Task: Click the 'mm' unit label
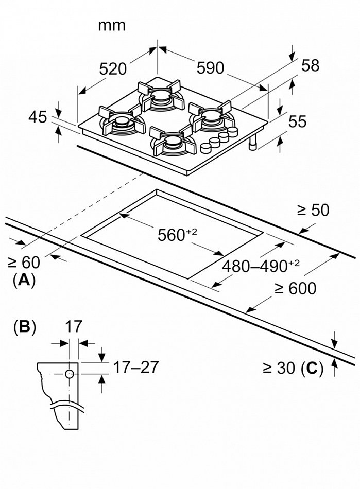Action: tap(112, 25)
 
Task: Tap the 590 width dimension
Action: tap(210, 68)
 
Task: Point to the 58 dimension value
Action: tap(310, 65)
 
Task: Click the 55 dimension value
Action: tap(297, 121)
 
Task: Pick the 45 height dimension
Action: tap(37, 117)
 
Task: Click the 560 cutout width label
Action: tap(172, 235)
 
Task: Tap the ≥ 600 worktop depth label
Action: tap(295, 288)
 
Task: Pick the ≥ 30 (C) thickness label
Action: tap(292, 368)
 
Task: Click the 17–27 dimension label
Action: tap(135, 367)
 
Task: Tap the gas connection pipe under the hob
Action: tap(253, 144)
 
